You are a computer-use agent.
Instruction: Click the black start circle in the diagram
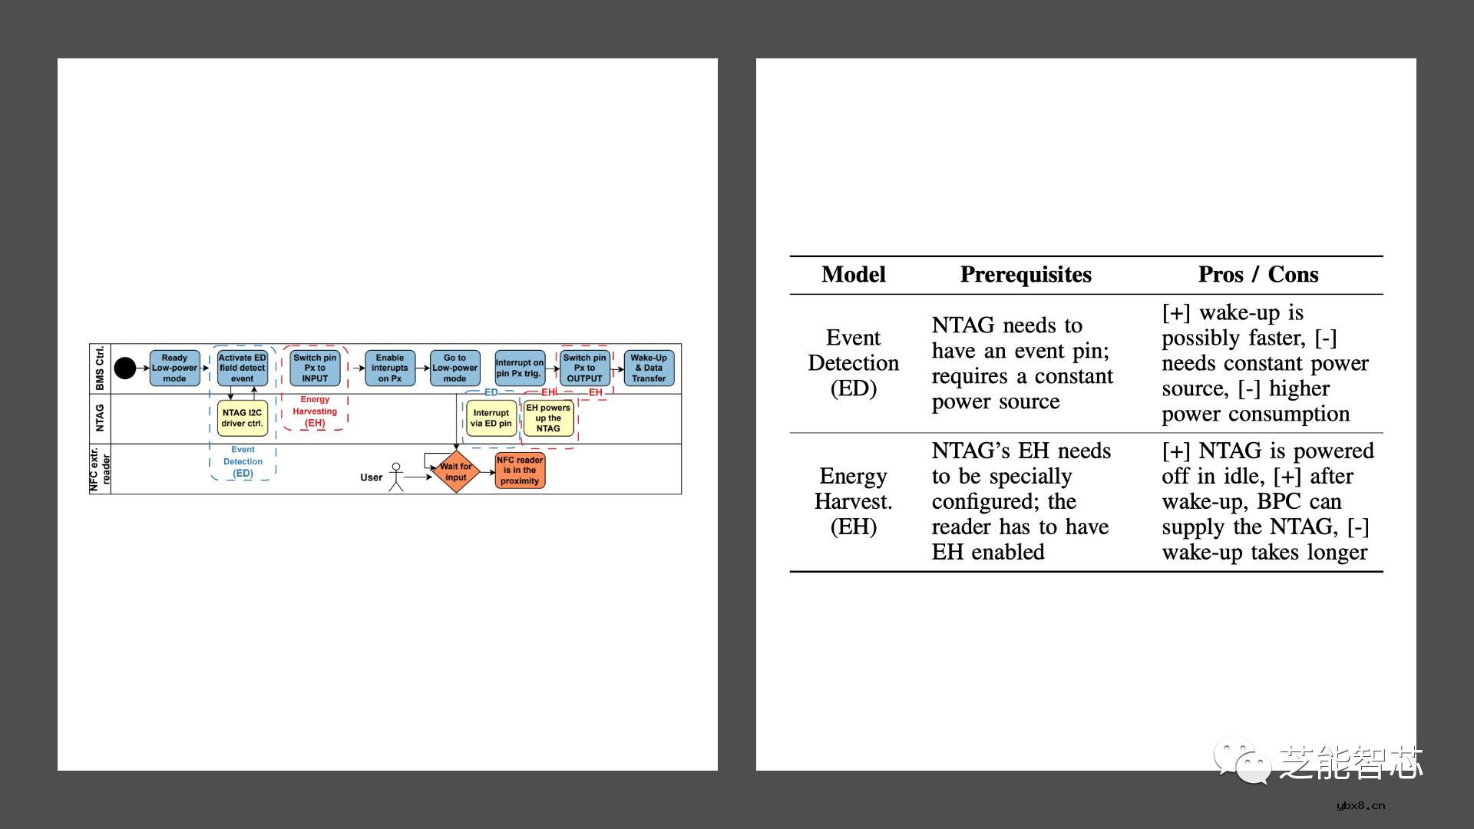click(x=125, y=368)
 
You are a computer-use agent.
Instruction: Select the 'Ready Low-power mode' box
click(x=174, y=368)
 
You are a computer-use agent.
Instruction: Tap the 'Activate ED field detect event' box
click(x=242, y=368)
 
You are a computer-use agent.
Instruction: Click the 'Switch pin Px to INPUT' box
click(x=315, y=368)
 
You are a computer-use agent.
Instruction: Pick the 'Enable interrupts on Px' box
click(x=390, y=368)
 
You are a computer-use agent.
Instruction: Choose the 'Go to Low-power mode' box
click(x=454, y=368)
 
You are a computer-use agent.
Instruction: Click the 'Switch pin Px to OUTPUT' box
click(x=584, y=368)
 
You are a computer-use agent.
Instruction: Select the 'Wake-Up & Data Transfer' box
click(x=649, y=368)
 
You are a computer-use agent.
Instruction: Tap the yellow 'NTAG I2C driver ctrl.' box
click(x=242, y=418)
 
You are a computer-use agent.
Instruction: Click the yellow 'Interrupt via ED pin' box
click(x=491, y=418)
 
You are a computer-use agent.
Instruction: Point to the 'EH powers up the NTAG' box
click(x=548, y=418)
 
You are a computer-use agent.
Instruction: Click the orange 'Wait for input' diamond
click(x=456, y=472)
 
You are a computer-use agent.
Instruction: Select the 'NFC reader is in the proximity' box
click(x=520, y=471)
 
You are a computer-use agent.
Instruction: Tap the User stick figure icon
click(x=396, y=477)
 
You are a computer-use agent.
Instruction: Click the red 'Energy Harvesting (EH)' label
click(x=315, y=411)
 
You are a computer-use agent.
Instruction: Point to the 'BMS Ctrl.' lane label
click(x=100, y=368)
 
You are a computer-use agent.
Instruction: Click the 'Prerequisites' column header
click(x=1026, y=275)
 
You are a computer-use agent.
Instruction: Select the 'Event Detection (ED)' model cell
click(x=853, y=363)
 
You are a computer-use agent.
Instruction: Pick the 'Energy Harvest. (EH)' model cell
click(x=853, y=501)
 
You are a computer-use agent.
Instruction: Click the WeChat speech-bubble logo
click(x=1241, y=761)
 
